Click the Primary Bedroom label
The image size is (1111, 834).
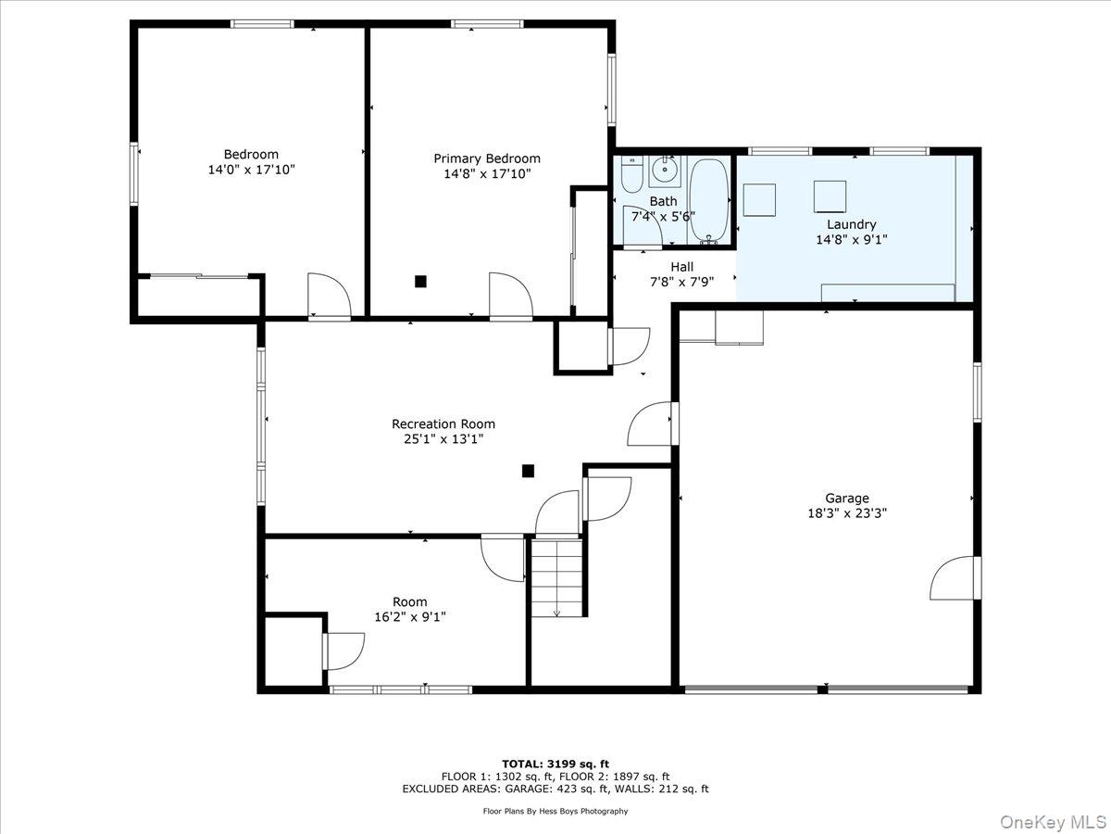487,158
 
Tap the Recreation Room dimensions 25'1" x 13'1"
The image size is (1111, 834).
443,438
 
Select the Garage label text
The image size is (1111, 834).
847,499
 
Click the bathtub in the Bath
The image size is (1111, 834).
709,201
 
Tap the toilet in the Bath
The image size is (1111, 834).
631,174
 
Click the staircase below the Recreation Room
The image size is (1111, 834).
556,577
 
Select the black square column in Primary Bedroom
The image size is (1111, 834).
420,281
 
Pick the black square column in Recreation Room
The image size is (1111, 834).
528,471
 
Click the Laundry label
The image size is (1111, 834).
852,224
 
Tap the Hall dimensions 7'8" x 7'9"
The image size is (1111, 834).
681,282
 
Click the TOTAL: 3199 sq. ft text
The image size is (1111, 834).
555,764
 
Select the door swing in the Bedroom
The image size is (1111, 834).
329,297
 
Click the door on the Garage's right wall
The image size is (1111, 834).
955,578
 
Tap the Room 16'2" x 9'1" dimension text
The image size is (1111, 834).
410,617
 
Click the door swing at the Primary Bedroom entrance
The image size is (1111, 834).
510,296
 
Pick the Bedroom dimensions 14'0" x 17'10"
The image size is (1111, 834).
251,170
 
